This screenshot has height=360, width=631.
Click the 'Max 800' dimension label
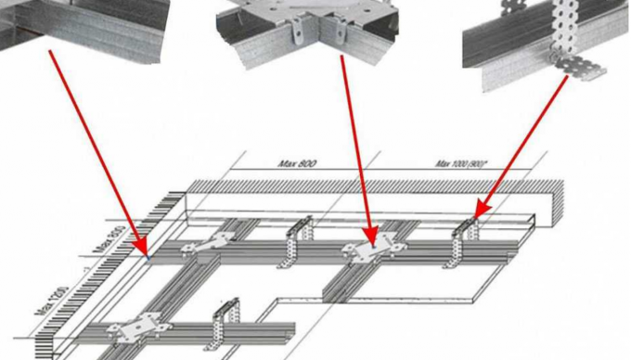pyautogui.click(x=297, y=163)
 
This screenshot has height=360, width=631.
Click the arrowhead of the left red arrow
pyautogui.click(x=145, y=251)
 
